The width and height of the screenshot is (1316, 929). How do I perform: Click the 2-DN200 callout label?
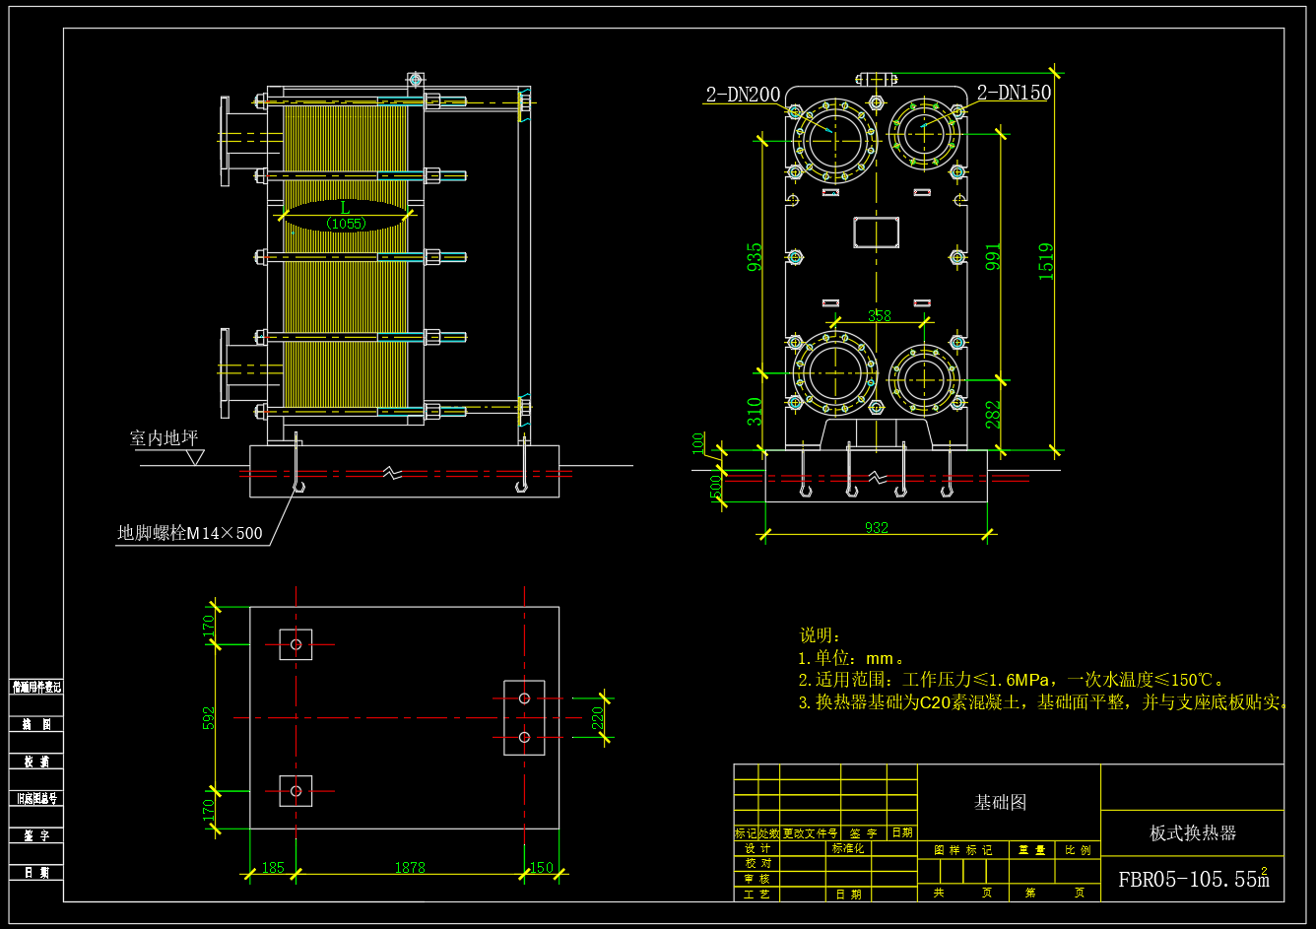tap(743, 95)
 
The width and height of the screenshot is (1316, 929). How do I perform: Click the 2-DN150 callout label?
tap(1014, 93)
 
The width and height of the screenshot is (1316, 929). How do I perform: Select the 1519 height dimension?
tap(1046, 261)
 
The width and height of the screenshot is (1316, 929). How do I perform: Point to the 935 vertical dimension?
tap(755, 258)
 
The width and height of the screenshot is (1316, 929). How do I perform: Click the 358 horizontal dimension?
tap(879, 316)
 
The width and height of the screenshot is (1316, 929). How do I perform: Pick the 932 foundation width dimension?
tap(876, 528)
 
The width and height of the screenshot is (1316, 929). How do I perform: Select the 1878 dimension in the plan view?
tap(410, 868)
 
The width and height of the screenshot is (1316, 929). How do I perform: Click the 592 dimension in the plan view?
tap(209, 717)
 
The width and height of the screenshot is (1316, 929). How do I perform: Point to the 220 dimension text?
tap(598, 717)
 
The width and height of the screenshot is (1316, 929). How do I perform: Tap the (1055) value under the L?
tap(346, 224)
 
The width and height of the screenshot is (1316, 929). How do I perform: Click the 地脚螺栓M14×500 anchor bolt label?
tap(190, 534)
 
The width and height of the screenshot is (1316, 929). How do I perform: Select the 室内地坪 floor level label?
tap(164, 438)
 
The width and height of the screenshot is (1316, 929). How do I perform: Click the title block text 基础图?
tap(1000, 803)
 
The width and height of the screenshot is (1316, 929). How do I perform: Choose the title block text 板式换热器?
tap(1192, 833)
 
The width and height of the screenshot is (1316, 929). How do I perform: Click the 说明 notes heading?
tap(820, 635)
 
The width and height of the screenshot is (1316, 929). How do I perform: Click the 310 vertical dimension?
tap(755, 411)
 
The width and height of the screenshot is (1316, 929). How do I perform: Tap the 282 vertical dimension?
tap(993, 414)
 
